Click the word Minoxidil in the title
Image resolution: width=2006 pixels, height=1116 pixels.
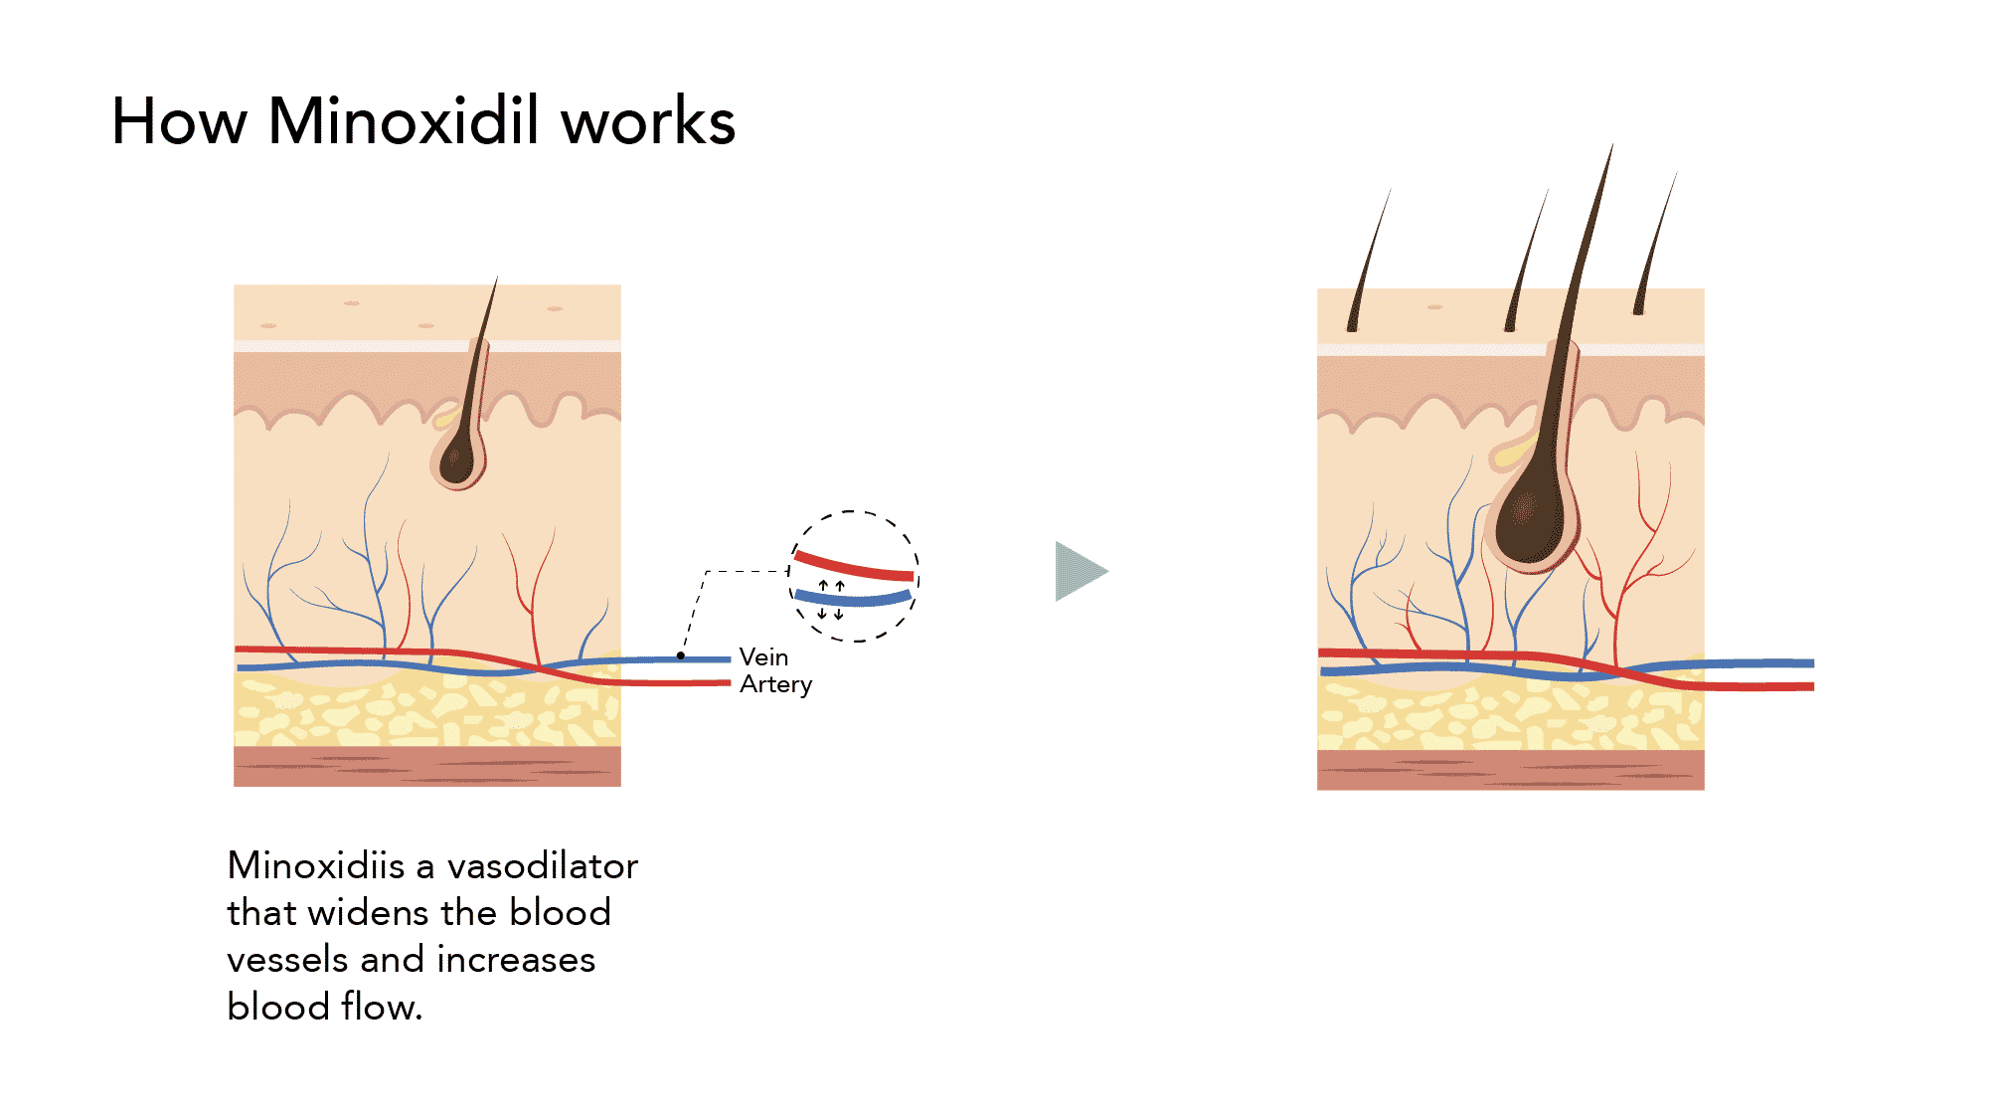pyautogui.click(x=404, y=121)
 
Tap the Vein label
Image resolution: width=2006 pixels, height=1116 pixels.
pyautogui.click(x=763, y=657)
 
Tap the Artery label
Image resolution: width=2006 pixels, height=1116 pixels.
pyautogui.click(x=775, y=684)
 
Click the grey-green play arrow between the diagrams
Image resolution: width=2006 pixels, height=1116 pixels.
pyautogui.click(x=1081, y=571)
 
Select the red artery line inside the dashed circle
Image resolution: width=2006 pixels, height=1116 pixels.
pyautogui.click(x=854, y=567)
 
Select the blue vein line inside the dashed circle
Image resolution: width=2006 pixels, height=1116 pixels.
pyautogui.click(x=853, y=599)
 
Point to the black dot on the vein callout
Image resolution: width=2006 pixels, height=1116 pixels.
pyautogui.click(x=681, y=655)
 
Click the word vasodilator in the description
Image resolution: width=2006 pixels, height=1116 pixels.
pyautogui.click(x=542, y=865)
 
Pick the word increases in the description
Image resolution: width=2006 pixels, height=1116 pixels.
pyautogui.click(x=516, y=960)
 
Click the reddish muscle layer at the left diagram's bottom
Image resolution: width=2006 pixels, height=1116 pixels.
pyautogui.click(x=427, y=766)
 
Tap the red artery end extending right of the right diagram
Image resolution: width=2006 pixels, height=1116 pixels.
pyautogui.click(x=1759, y=685)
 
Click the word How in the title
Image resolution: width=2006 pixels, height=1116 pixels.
pyautogui.click(x=179, y=121)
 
